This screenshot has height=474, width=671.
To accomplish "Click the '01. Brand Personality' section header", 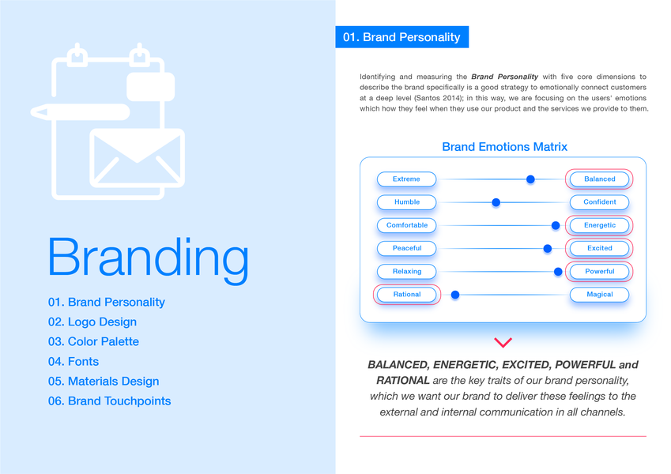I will (401, 37).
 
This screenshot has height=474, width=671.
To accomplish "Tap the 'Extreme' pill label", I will (406, 179).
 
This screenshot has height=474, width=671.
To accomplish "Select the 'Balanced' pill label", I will (599, 179).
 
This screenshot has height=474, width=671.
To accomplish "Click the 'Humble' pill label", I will (406, 202).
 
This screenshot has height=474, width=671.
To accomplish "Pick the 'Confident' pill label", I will (599, 202).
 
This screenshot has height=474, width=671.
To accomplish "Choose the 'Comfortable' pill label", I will (406, 225).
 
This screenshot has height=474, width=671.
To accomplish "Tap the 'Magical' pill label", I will (599, 295).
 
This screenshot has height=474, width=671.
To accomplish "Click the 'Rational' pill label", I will (406, 295).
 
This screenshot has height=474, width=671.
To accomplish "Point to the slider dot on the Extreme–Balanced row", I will (530, 179).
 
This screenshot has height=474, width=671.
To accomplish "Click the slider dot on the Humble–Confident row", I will (496, 202).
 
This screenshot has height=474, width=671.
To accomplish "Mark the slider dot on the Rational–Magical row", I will (455, 295).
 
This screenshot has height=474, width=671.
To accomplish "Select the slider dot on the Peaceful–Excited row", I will (547, 248).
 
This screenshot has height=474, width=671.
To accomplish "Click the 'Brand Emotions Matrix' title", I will (504, 147).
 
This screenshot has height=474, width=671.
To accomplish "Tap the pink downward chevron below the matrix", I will (503, 342).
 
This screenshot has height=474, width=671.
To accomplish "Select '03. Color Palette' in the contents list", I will (93, 341).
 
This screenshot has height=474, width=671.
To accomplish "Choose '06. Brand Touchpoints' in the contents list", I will (109, 401).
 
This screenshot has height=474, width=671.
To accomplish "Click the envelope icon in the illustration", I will (137, 157).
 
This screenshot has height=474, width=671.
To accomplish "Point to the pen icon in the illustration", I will (79, 112).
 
